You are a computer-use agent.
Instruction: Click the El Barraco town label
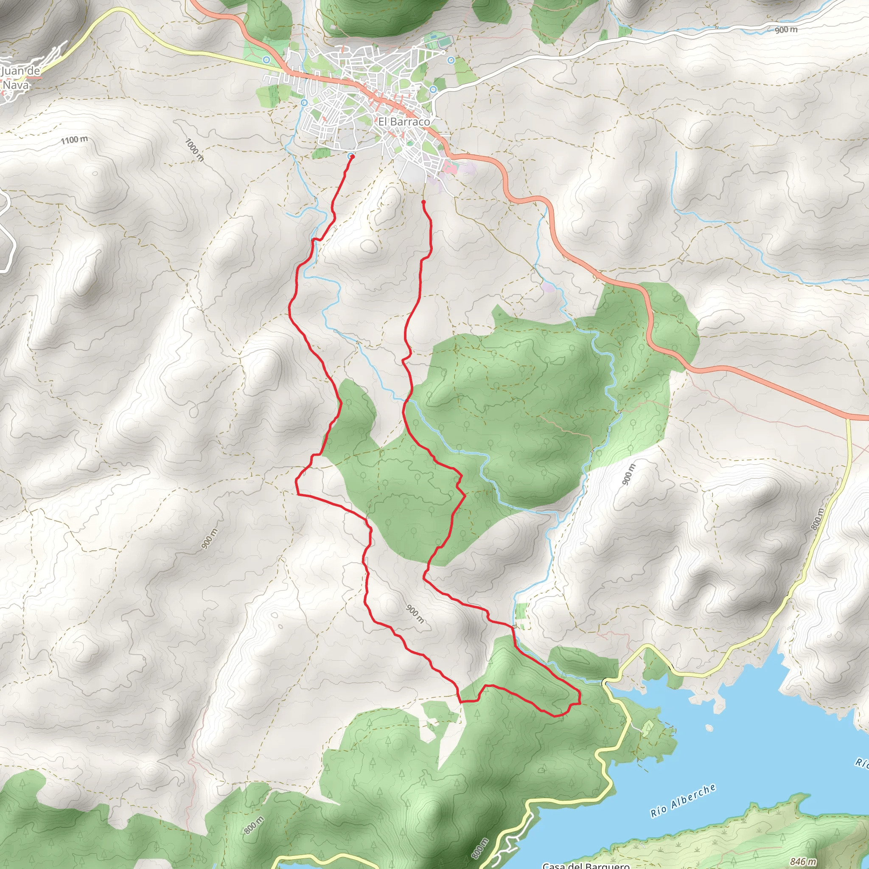point(404,121)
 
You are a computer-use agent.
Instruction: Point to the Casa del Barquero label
point(586,864)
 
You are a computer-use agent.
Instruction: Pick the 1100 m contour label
point(74,140)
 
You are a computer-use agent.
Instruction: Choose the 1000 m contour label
point(195,150)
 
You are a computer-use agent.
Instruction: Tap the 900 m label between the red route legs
point(415,614)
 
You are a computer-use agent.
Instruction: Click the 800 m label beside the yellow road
point(818,519)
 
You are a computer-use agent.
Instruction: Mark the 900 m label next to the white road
point(786,30)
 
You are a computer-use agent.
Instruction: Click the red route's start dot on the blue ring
point(351,156)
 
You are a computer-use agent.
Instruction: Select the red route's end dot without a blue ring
point(423,202)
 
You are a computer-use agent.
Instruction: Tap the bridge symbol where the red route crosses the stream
point(514,627)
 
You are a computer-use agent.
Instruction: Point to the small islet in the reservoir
point(709,728)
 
